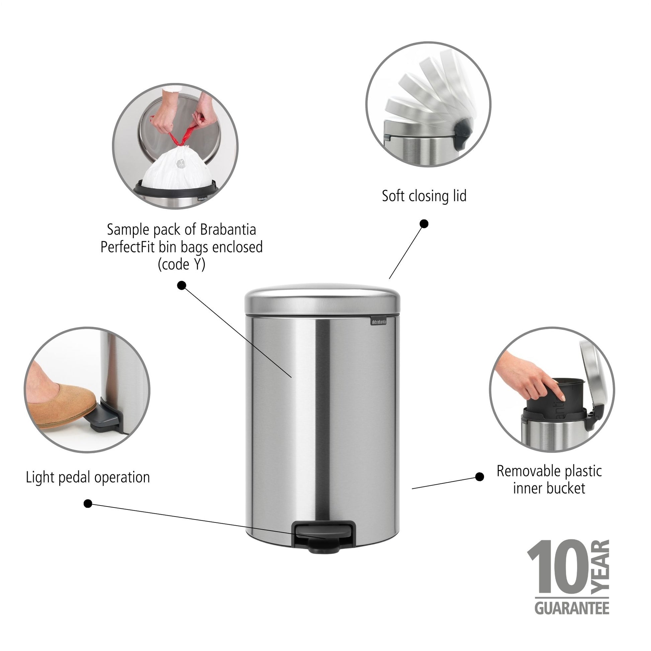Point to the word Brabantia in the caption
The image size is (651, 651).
click(x=228, y=230)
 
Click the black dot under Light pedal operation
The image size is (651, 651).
click(x=88, y=504)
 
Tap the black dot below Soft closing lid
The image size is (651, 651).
click(x=424, y=224)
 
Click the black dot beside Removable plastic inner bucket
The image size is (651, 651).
click(x=479, y=477)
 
